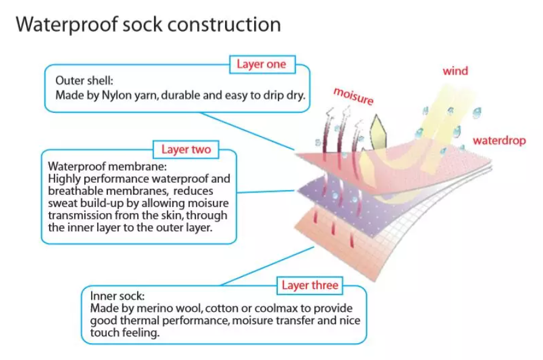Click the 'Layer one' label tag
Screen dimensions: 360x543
(x=261, y=64)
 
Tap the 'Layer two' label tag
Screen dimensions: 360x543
(x=186, y=149)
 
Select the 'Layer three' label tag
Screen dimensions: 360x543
(x=310, y=285)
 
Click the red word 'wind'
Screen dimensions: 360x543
(x=455, y=71)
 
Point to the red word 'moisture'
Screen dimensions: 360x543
(x=353, y=96)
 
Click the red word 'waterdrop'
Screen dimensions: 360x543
(x=499, y=141)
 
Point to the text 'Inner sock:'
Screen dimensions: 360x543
(x=117, y=297)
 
